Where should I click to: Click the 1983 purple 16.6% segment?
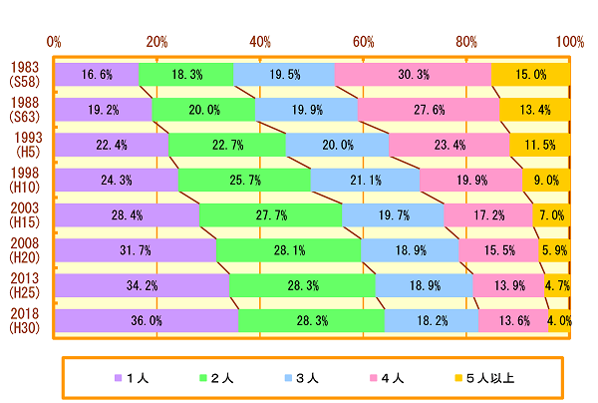tap(97, 74)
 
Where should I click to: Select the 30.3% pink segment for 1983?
tap(413, 74)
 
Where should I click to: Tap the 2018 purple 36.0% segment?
tap(147, 321)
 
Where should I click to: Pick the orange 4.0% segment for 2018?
tap(558, 321)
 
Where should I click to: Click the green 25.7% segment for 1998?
tap(244, 180)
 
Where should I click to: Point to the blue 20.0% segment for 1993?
tap(337, 145)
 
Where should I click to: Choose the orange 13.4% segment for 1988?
tap(534, 109)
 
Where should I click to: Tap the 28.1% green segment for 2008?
tap(288, 250)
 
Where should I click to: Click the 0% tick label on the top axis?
tap(55, 42)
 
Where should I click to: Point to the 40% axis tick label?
tap(260, 42)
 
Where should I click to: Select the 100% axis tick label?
tap(569, 42)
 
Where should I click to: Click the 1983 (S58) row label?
tap(25, 75)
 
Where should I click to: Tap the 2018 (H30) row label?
tap(25, 321)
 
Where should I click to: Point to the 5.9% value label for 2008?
tap(553, 250)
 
